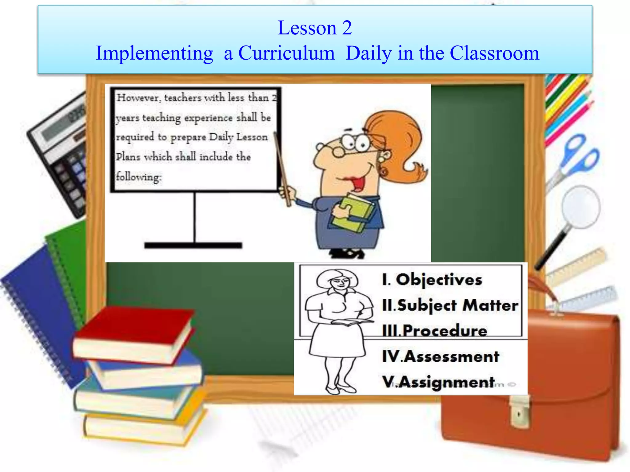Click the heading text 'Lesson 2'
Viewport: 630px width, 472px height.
tap(314, 28)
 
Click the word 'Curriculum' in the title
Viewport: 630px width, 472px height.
tap(286, 53)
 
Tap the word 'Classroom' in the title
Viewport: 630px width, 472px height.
tap(494, 53)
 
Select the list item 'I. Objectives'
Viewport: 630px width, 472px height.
tap(432, 280)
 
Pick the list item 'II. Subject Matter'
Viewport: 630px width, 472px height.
tap(450, 305)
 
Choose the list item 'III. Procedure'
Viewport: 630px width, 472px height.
tap(435, 331)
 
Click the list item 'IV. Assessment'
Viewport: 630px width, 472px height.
tap(440, 356)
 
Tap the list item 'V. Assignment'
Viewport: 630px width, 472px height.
tap(438, 382)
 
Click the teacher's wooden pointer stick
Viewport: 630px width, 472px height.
tap(282, 169)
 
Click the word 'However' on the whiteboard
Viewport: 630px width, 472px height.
tap(138, 98)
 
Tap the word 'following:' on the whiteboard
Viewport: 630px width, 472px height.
tap(138, 177)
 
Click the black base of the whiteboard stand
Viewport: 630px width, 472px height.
tap(193, 245)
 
